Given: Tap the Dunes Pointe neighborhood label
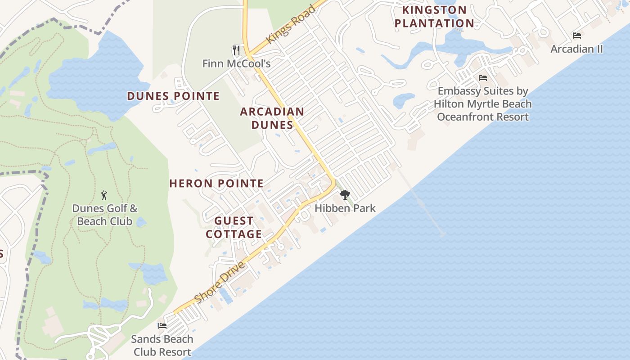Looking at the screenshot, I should point(173,96).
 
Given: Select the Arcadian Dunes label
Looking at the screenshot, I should point(272,118).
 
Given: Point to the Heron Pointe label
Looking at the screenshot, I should point(216,183).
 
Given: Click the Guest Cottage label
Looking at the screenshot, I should point(234,227).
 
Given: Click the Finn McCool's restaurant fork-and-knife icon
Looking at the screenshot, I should point(236,49).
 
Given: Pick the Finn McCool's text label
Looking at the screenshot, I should point(236,63).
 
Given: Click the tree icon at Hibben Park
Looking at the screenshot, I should point(345,195).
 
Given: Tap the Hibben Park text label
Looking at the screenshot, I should point(345,208).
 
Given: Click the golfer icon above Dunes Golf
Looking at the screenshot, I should point(104,195).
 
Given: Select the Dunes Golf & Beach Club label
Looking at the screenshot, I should point(105,215).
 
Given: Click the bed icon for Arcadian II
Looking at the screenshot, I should point(577,35).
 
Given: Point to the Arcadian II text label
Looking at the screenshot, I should point(577,49).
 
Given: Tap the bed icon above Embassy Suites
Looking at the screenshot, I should point(483,77).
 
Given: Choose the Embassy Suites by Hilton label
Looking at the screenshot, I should point(483,104).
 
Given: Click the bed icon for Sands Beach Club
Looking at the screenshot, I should point(162,325).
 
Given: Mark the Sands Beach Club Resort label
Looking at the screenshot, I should point(162,345).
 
